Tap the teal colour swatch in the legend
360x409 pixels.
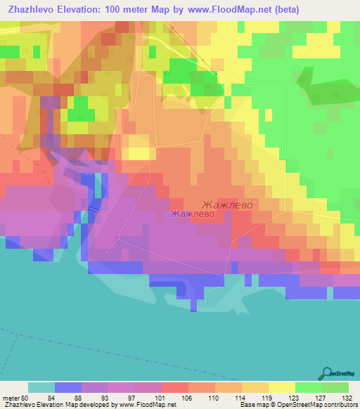(41, 387)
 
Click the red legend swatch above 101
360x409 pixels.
(174, 387)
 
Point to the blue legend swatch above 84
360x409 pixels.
(67, 387)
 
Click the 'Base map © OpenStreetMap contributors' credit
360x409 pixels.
(297, 405)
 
